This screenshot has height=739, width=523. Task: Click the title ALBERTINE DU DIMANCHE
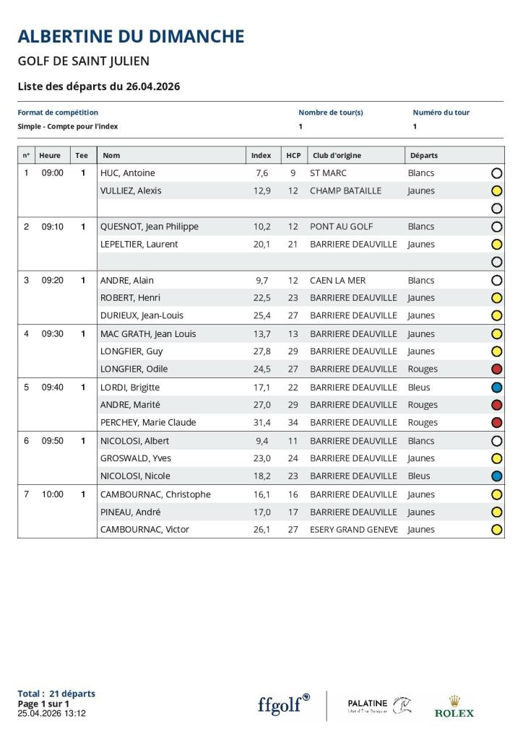pyautogui.click(x=131, y=36)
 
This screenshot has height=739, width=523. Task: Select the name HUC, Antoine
pyautogui.click(x=128, y=173)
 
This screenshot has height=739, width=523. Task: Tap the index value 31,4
pyautogui.click(x=261, y=422)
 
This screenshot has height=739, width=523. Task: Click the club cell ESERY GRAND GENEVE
pyautogui.click(x=353, y=530)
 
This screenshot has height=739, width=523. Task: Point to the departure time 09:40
pyautogui.click(x=52, y=388)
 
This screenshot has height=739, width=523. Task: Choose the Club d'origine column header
pyautogui.click(x=337, y=155)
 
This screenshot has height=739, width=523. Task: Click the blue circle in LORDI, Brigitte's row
pyautogui.click(x=496, y=388)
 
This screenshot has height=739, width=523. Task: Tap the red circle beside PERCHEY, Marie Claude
pyautogui.click(x=496, y=423)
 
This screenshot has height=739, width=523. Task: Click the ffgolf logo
pyautogui.click(x=284, y=704)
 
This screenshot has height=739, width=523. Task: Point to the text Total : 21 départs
pyautogui.click(x=56, y=694)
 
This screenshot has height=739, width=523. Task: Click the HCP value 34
pyautogui.click(x=293, y=422)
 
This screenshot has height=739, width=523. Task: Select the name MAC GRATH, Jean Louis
pyautogui.click(x=148, y=334)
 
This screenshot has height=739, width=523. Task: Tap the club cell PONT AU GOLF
pyautogui.click(x=341, y=227)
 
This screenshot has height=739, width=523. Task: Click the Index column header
pyautogui.click(x=261, y=155)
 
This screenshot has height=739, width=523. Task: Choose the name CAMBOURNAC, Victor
pyautogui.click(x=144, y=530)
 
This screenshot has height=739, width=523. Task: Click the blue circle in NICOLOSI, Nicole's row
pyautogui.click(x=496, y=476)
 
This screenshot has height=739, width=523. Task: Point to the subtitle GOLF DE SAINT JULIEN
pyautogui.click(x=83, y=61)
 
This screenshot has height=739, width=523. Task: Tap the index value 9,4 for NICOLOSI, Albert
pyautogui.click(x=262, y=441)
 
